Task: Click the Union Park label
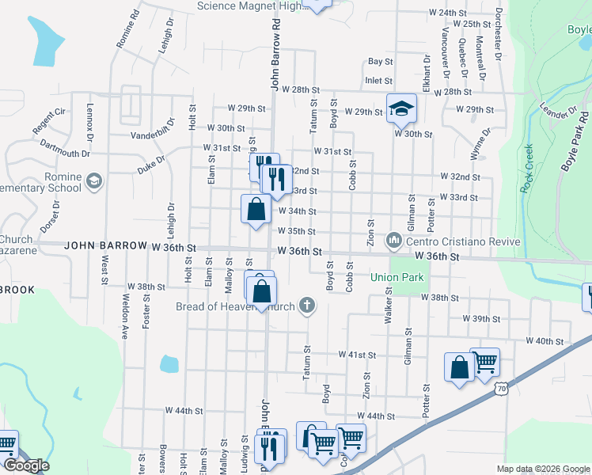[397, 278]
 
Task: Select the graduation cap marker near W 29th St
[401, 108]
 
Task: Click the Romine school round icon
[94, 181]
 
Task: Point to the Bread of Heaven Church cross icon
[308, 306]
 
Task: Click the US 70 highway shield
[500, 388]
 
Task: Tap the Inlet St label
[379, 81]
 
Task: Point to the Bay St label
[381, 61]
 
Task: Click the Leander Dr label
[558, 112]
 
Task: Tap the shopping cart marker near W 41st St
[484, 362]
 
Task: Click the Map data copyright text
[542, 469]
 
